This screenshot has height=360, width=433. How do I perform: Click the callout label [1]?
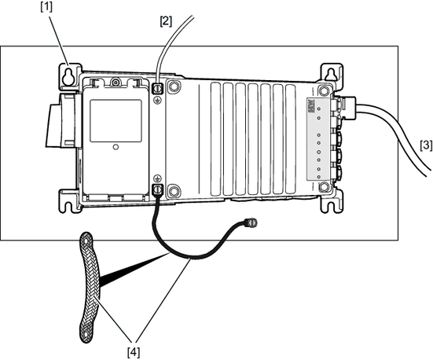click(x=46, y=7)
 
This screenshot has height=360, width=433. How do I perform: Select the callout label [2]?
click(x=166, y=21)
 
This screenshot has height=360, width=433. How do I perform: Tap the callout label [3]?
click(x=426, y=145)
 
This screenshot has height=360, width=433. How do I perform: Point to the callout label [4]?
click(x=134, y=352)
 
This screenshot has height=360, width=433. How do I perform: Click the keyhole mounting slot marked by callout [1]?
click(x=68, y=77)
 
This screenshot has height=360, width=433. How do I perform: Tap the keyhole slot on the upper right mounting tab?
click(x=331, y=74)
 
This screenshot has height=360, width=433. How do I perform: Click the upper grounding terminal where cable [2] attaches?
click(x=158, y=88)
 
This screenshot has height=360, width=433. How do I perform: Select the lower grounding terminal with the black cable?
click(x=158, y=189)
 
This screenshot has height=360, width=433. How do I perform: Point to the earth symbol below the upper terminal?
click(x=157, y=100)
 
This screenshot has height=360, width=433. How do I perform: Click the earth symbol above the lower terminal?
click(x=157, y=178)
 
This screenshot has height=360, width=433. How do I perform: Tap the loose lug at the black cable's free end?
click(x=251, y=222)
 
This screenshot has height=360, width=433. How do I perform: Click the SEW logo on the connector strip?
click(x=311, y=105)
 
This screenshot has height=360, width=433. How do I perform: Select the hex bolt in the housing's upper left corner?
click(x=174, y=86)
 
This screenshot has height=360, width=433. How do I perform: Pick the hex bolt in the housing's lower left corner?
click(x=174, y=191)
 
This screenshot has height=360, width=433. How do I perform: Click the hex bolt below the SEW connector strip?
click(x=324, y=187)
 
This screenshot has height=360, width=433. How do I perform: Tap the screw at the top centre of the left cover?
click(x=116, y=83)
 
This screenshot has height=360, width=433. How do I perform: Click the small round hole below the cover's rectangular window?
click(x=116, y=147)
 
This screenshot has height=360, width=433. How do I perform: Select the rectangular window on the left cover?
click(x=116, y=121)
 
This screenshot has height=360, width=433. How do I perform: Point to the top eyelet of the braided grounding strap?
click(x=86, y=241)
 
